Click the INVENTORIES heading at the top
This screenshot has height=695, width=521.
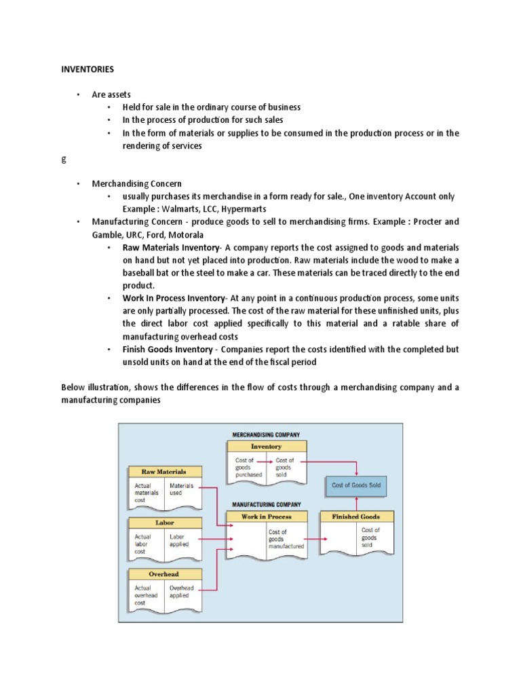tap(88, 69)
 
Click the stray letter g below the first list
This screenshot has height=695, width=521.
tap(64, 158)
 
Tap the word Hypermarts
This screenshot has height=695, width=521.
tap(244, 208)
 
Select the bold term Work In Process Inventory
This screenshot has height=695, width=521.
tap(174, 298)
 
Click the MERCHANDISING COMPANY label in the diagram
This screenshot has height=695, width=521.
tap(266, 434)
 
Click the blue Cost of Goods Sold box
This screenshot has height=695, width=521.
tap(356, 485)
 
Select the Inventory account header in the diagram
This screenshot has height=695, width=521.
tap(266, 447)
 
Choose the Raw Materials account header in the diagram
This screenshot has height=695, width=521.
tap(163, 471)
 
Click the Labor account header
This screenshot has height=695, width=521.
tap(164, 523)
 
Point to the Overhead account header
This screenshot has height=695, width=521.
tap(164, 574)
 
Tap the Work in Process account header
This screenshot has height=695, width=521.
tap(266, 516)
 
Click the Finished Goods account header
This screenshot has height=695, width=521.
tap(356, 516)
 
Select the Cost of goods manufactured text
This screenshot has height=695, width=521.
tap(286, 539)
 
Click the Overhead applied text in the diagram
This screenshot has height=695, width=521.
tap(181, 592)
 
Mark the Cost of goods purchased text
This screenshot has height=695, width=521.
tap(244, 468)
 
